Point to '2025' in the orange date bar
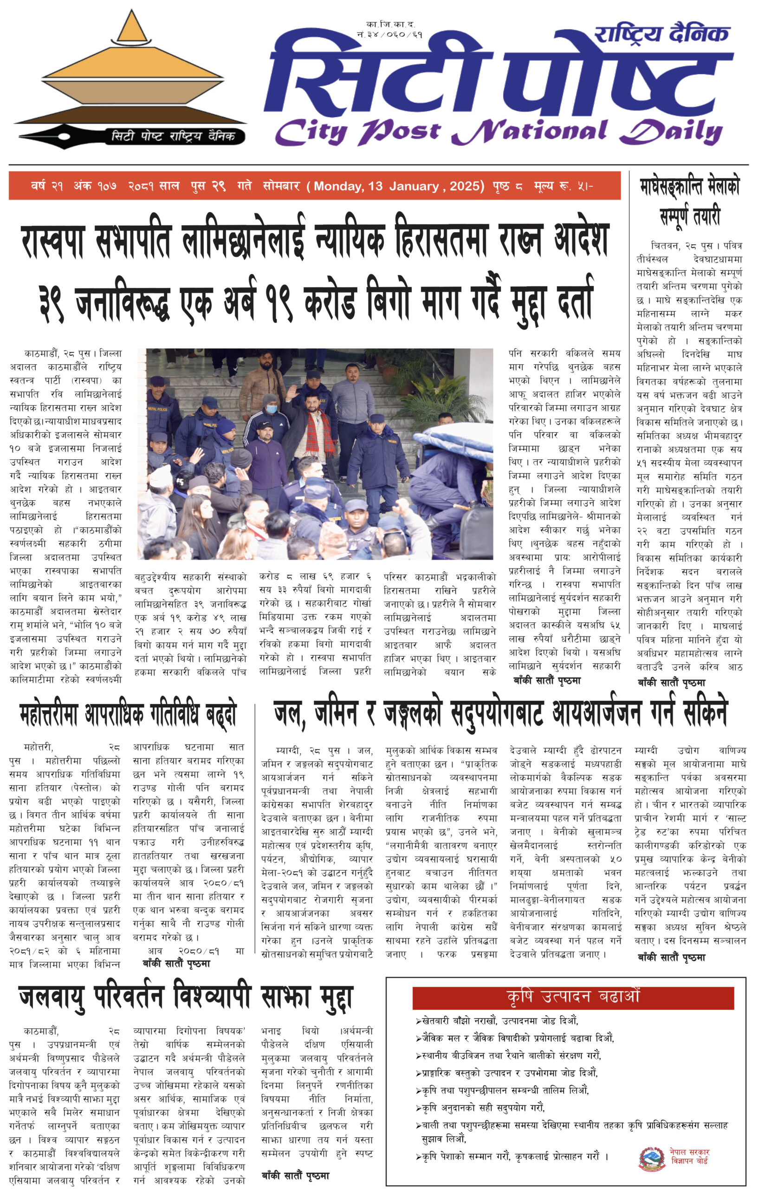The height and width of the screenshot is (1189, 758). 466,186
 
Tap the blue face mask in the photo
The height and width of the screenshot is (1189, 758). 272,409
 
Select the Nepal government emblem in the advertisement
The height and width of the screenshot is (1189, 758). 652,1158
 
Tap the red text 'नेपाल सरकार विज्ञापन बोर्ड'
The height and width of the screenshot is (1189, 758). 689,1156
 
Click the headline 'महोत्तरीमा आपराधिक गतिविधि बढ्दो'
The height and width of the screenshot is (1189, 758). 128,714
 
